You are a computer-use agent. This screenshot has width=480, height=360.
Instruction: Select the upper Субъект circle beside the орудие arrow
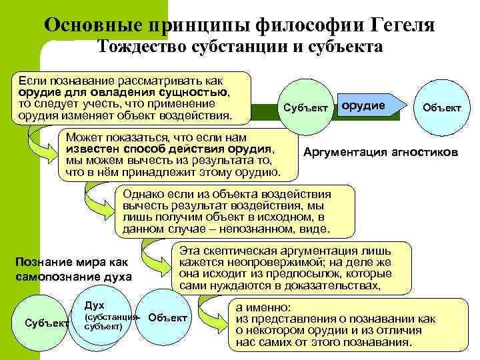[x=306, y=107]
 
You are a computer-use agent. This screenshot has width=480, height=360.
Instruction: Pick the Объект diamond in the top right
[x=441, y=108]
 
